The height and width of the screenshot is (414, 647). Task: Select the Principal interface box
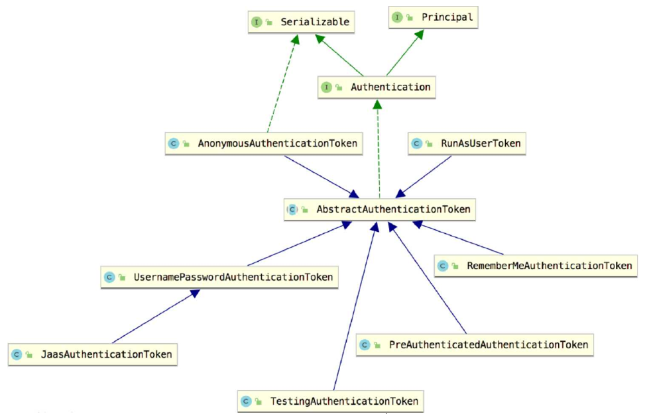click(433, 18)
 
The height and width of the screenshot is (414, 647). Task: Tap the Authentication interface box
click(377, 87)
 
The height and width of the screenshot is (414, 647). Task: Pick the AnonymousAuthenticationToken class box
click(264, 143)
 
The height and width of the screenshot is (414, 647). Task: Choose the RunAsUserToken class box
click(467, 143)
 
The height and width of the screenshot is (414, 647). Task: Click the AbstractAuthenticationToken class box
click(379, 209)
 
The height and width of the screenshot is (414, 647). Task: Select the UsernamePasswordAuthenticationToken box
click(219, 277)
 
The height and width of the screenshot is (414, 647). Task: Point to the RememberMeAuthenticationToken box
click(536, 266)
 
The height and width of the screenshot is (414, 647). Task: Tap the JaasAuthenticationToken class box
click(93, 354)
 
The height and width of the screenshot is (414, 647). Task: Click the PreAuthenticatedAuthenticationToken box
click(474, 345)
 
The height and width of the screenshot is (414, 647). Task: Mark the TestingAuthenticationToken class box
click(330, 401)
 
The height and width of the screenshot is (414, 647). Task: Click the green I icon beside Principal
click(397, 18)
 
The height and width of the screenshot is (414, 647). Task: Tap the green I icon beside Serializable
click(257, 23)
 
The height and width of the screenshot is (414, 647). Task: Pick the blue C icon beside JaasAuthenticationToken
click(17, 354)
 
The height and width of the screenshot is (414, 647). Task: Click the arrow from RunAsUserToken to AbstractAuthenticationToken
click(425, 176)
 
